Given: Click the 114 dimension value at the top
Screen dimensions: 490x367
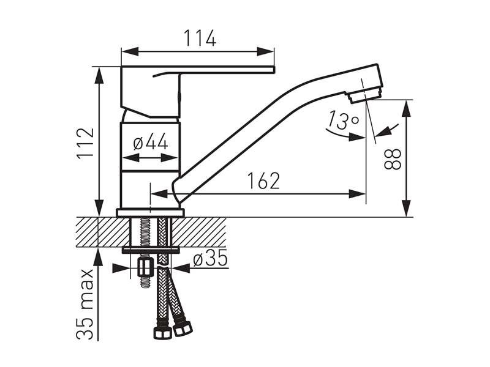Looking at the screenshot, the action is point(200,38).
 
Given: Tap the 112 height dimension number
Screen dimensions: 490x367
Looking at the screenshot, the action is point(86,143).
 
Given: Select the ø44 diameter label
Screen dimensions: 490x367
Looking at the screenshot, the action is point(151,142).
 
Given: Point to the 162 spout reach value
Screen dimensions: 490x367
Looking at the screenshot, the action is point(263,180).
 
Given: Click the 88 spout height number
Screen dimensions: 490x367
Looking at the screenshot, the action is point(393,159).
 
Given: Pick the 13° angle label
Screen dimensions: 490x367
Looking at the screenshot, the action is point(343,120).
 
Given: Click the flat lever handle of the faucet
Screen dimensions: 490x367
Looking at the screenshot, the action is point(197,70).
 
